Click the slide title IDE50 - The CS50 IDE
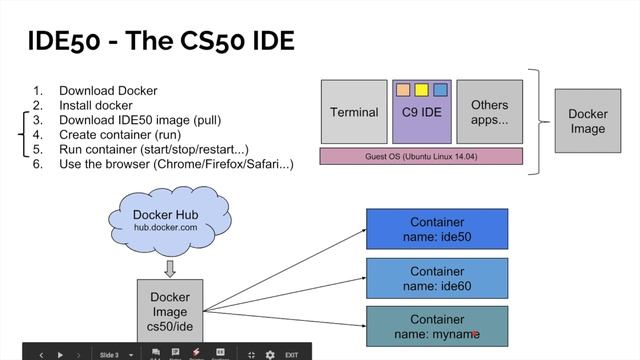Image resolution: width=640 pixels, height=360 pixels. click(x=159, y=42)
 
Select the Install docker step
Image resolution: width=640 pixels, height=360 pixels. click(x=96, y=104)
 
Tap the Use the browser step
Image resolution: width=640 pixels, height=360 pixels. click(x=176, y=164)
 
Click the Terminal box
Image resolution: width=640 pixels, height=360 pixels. click(x=354, y=112)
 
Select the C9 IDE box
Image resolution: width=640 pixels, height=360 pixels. click(x=421, y=112)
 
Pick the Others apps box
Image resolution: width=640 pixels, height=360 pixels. click(x=489, y=112)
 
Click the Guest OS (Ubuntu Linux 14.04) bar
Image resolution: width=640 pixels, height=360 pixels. click(x=421, y=156)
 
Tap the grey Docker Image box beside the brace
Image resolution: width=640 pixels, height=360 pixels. click(x=587, y=121)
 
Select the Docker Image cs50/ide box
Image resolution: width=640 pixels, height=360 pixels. click(x=169, y=311)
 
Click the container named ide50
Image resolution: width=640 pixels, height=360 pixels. click(x=437, y=228)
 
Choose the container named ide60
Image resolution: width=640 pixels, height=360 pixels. click(x=437, y=277)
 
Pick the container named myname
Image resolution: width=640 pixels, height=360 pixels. click(x=437, y=326)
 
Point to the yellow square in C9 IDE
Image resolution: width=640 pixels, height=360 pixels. click(x=421, y=90)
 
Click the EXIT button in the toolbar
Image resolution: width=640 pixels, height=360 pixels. click(x=292, y=354)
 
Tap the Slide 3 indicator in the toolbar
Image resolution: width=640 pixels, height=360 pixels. click(x=109, y=354)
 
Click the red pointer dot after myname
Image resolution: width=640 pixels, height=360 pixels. click(x=474, y=335)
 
